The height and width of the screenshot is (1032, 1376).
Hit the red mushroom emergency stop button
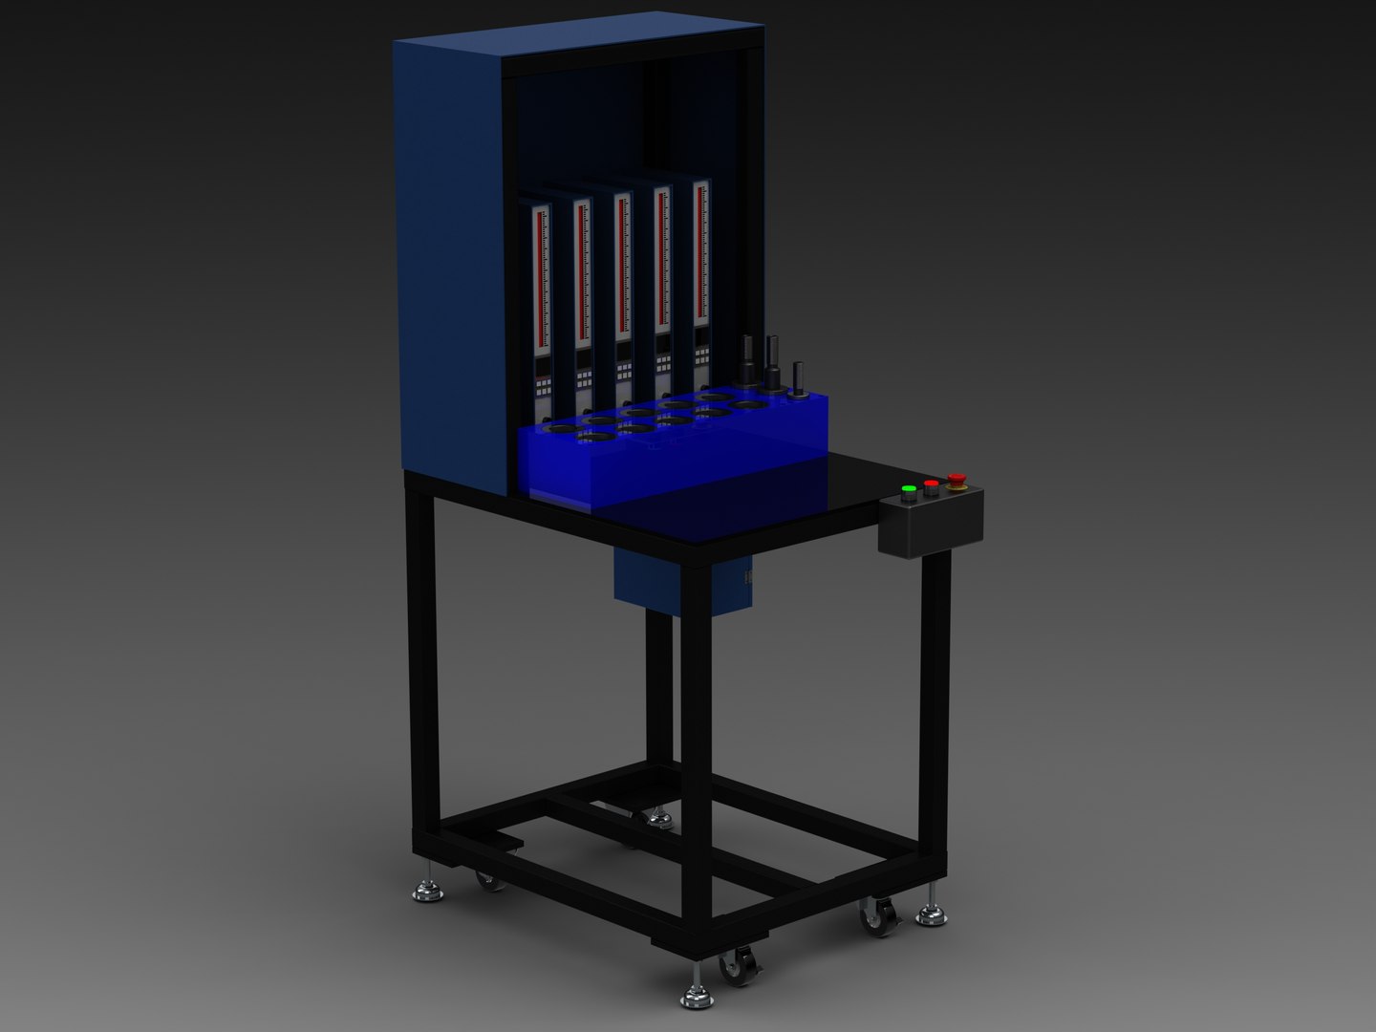956,480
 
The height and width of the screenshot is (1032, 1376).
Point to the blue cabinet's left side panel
449,258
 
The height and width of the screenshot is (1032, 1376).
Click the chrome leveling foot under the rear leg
656,818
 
